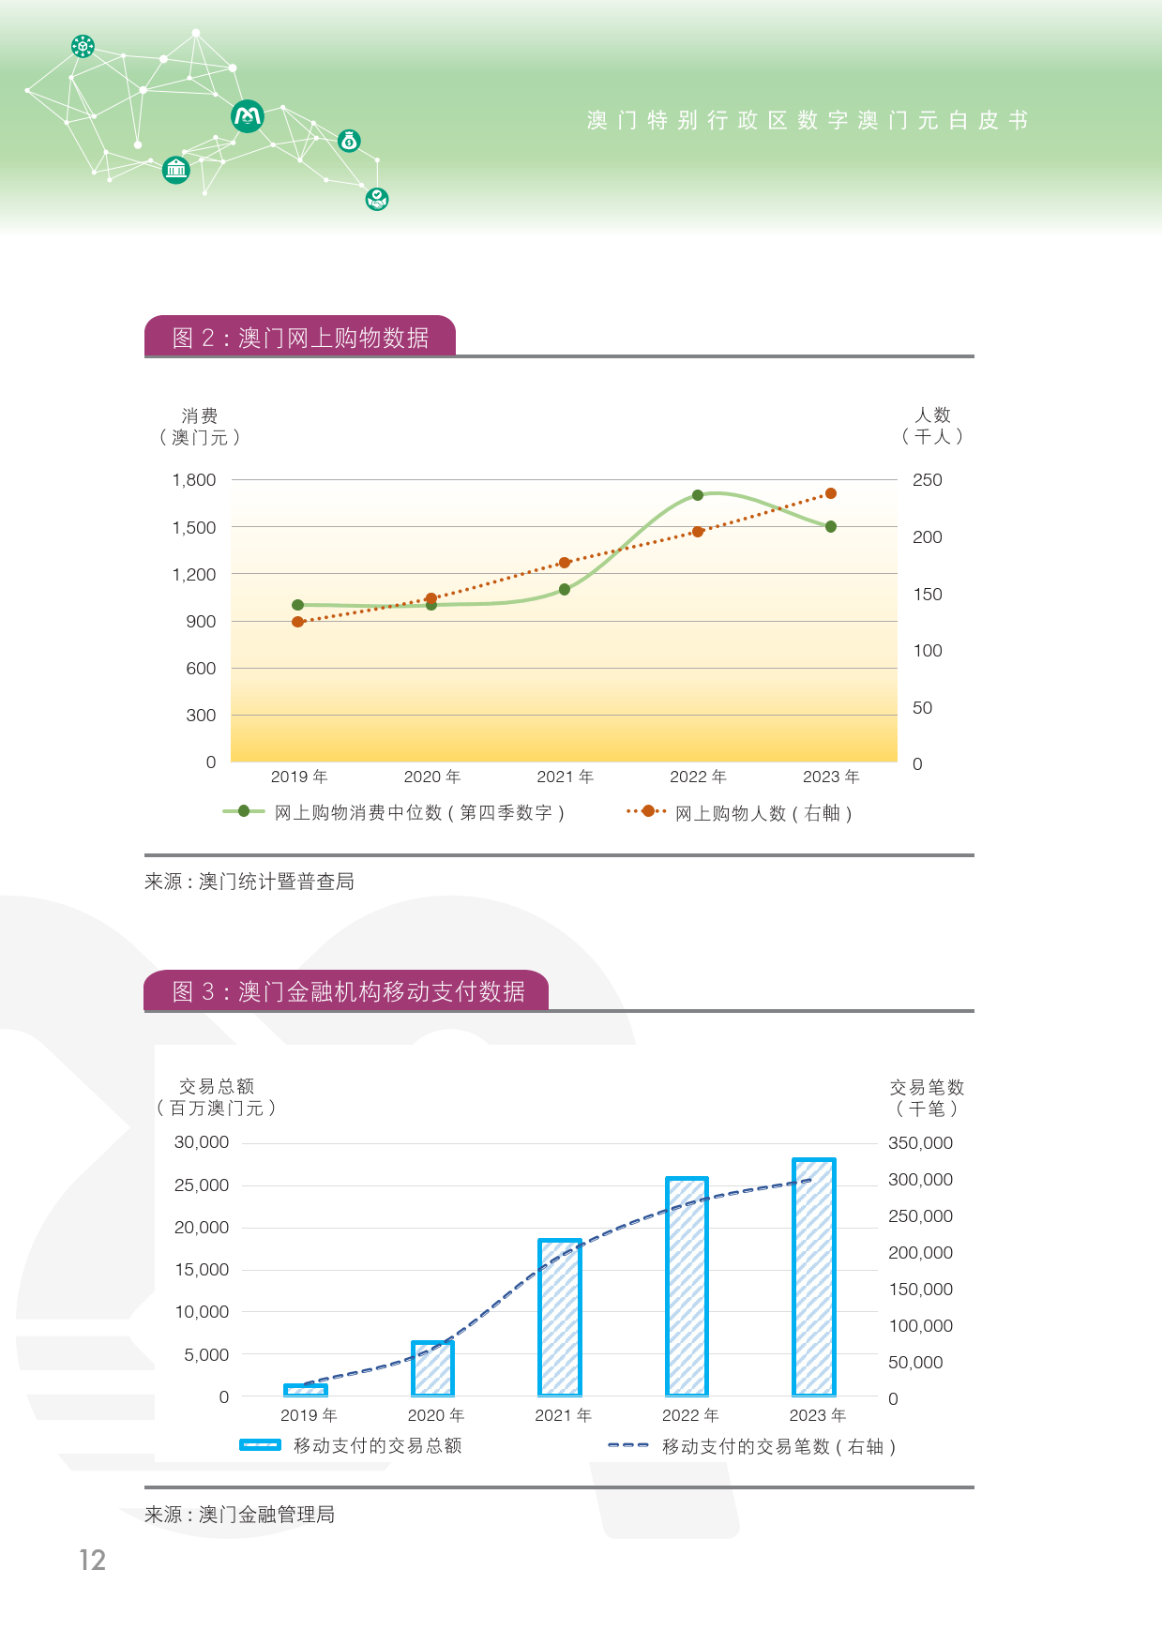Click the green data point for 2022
click(x=698, y=495)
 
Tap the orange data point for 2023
click(x=831, y=493)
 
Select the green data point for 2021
click(x=565, y=590)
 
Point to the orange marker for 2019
click(x=298, y=622)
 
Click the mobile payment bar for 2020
click(x=432, y=1368)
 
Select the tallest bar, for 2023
click(x=813, y=1277)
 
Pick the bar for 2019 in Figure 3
click(x=306, y=1390)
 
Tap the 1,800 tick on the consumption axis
click(x=194, y=480)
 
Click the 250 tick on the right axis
click(x=928, y=480)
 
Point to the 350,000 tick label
click(x=920, y=1143)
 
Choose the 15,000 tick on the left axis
click(x=202, y=1270)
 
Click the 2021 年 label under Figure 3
click(x=564, y=1415)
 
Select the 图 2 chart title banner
click(x=300, y=338)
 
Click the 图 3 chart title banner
click(x=347, y=992)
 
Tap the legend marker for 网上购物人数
click(x=647, y=811)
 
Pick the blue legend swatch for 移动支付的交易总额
click(x=260, y=1445)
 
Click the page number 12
click(x=92, y=1560)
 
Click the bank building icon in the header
click(x=176, y=170)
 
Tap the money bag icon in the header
click(x=349, y=142)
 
